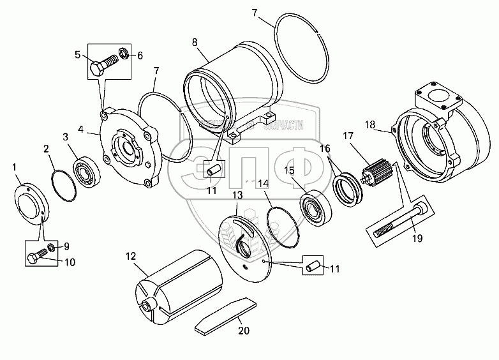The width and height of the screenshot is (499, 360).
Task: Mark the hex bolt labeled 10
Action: pyautogui.click(x=36, y=258)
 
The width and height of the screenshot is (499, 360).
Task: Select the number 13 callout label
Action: pyautogui.click(x=237, y=195)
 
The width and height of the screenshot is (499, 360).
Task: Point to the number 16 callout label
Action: pyautogui.click(x=325, y=149)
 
